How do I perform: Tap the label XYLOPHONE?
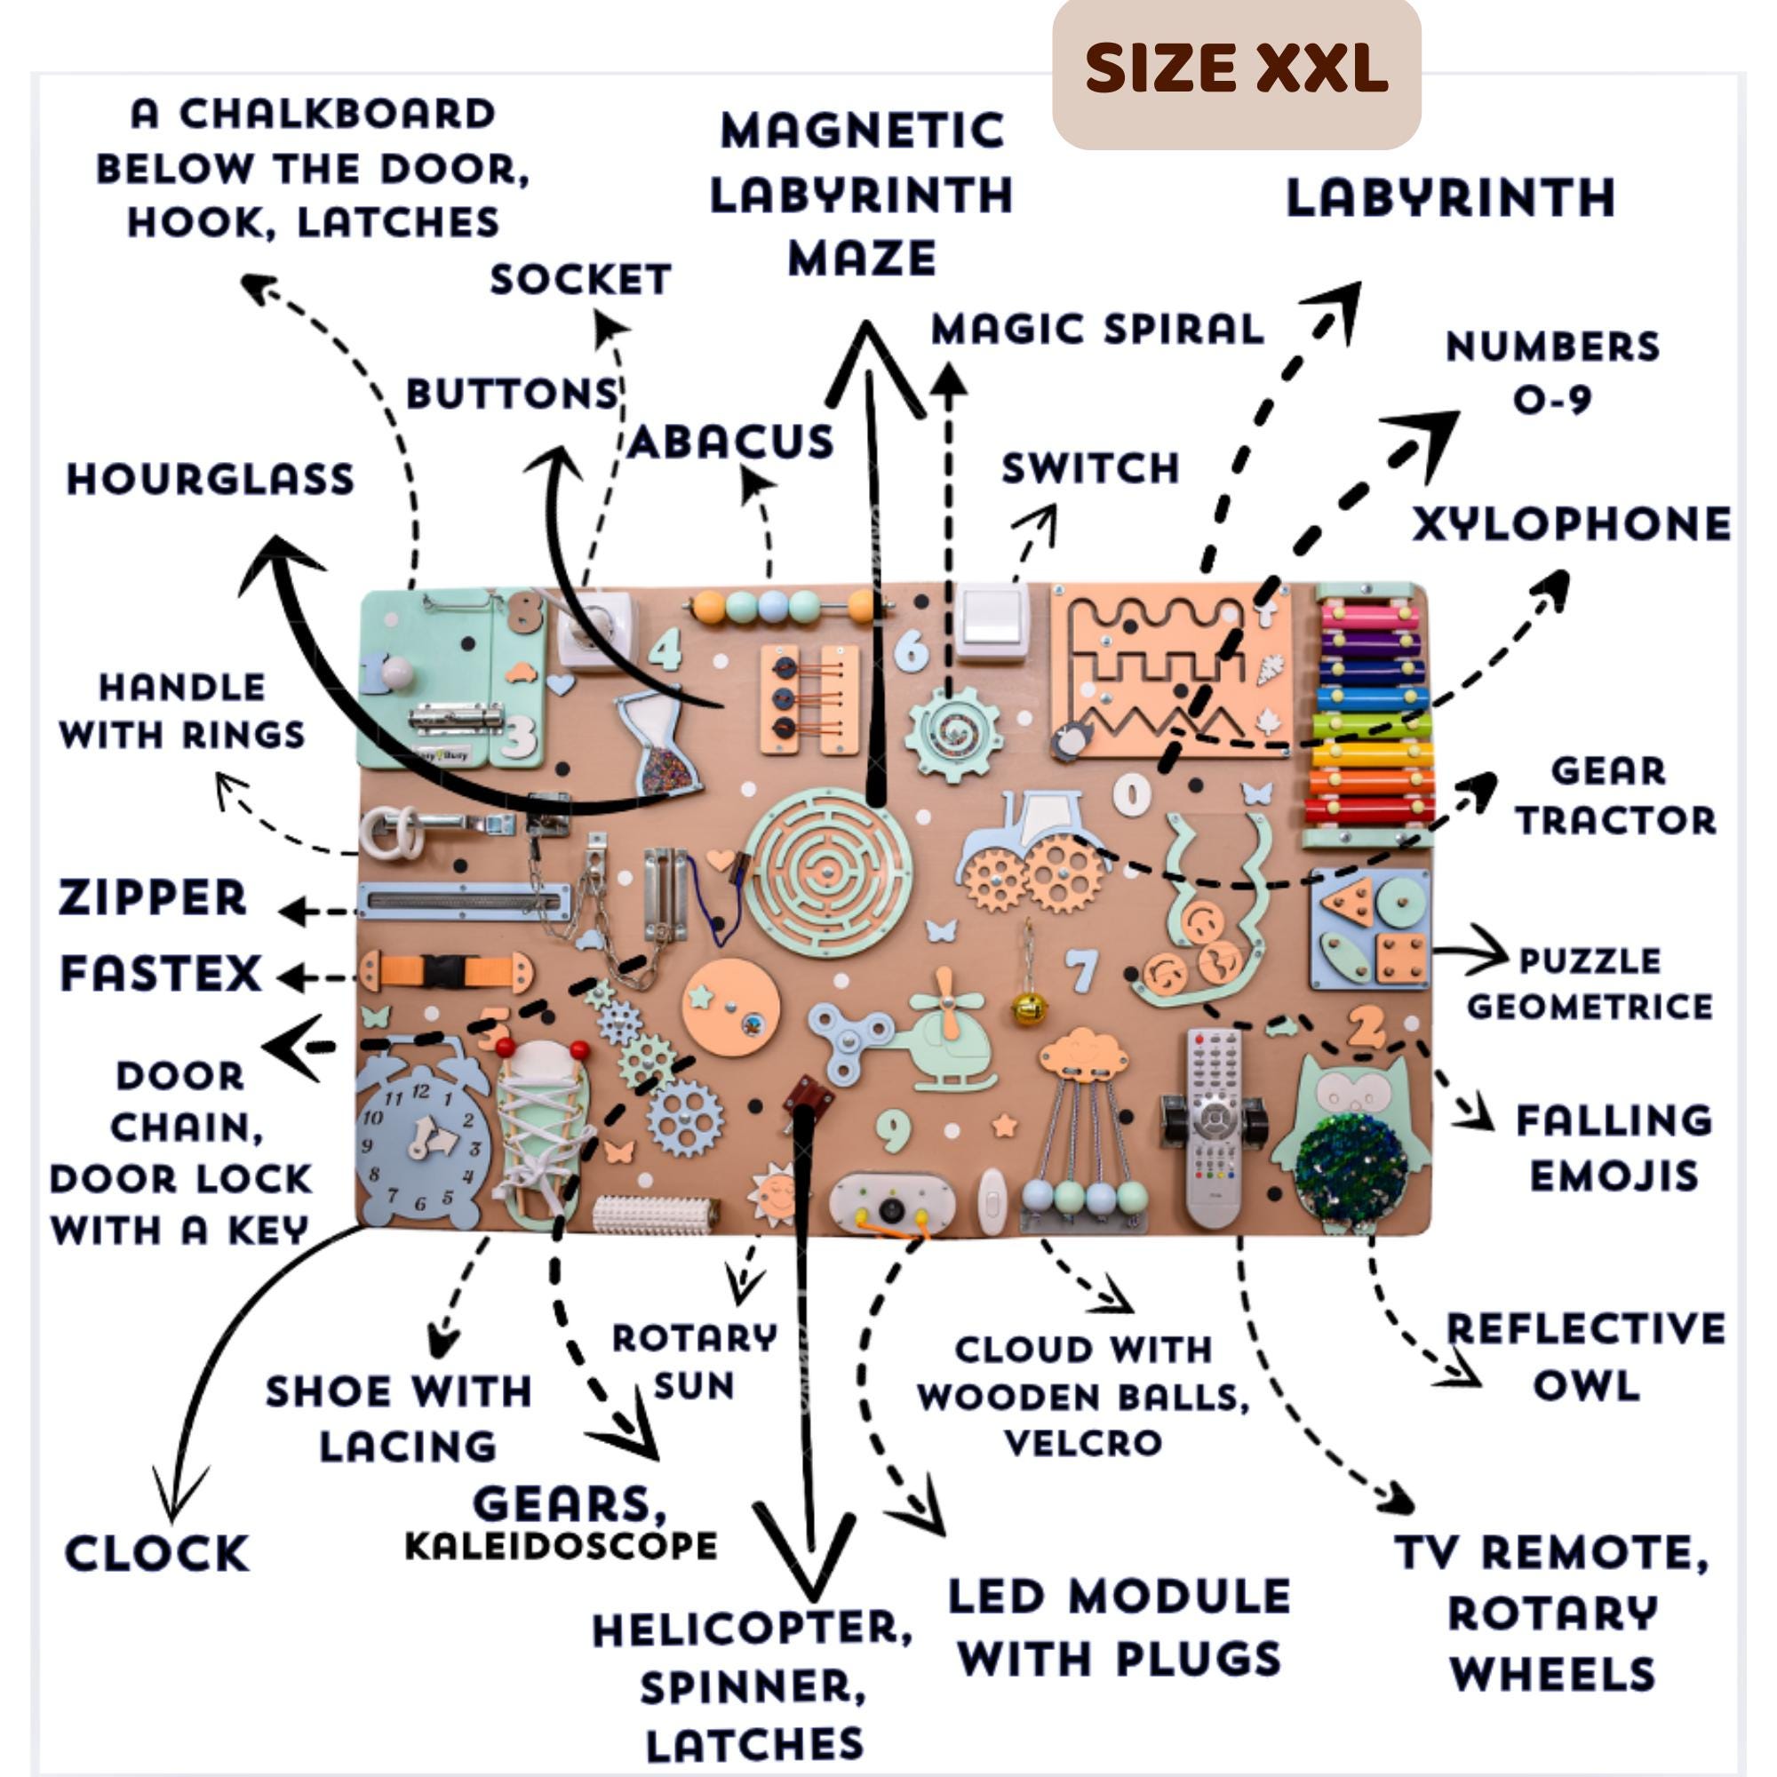tap(1572, 524)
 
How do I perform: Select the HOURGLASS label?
tap(211, 479)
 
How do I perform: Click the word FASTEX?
tap(161, 973)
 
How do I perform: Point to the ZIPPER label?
tap(153, 897)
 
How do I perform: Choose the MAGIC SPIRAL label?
tap(1097, 330)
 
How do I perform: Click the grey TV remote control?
tap(1213, 1127)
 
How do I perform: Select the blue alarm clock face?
tap(419, 1144)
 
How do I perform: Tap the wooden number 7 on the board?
tap(1082, 970)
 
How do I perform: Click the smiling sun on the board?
tap(770, 1193)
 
